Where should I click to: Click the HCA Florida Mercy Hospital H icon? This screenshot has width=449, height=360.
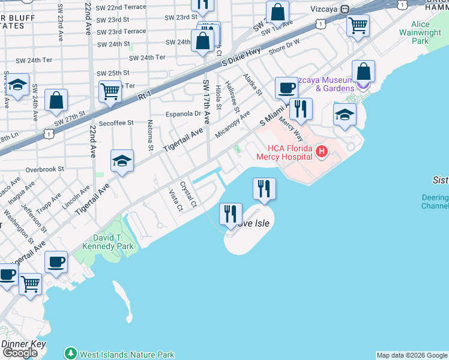click(x=321, y=151)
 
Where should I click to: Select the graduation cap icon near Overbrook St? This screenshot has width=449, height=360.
click(x=122, y=161)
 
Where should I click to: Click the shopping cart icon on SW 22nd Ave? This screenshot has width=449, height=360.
click(x=110, y=92)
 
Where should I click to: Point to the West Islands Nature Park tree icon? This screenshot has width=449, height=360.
click(x=71, y=354)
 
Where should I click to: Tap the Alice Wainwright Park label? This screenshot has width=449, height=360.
click(x=429, y=32)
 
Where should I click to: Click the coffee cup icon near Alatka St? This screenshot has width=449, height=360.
click(x=286, y=88)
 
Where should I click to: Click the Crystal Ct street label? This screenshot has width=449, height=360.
click(x=189, y=194)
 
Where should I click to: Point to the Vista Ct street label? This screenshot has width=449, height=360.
click(x=175, y=201)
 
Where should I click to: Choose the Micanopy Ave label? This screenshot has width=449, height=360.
click(x=232, y=122)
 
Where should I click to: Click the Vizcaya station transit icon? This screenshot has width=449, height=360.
click(x=345, y=10)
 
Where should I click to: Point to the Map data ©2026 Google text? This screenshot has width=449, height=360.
click(x=411, y=355)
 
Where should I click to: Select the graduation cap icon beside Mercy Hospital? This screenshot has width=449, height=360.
click(x=345, y=115)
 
